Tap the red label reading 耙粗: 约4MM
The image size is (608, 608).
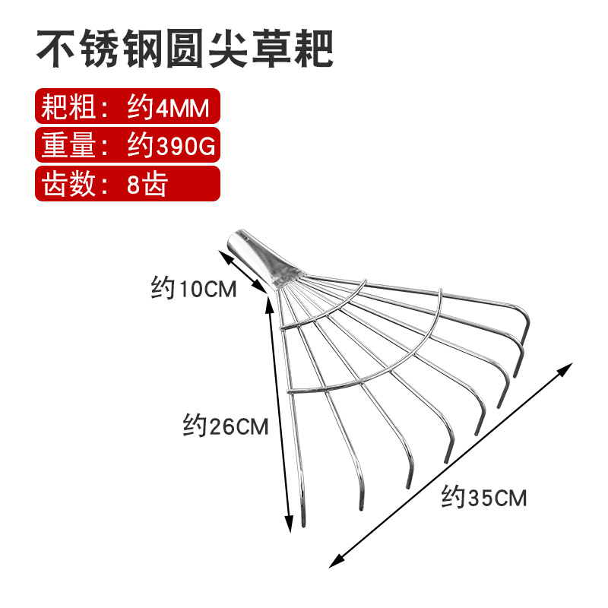click(128, 108)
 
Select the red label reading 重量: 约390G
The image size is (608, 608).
click(128, 146)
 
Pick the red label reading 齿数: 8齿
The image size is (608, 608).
click(128, 184)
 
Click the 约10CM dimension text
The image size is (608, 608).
click(194, 289)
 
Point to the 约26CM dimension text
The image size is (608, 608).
click(226, 426)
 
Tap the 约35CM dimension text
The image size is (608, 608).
click(484, 499)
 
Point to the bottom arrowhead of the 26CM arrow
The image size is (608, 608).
click(290, 526)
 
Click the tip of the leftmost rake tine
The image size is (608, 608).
click(303, 523)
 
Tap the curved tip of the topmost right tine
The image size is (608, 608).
click(524, 325)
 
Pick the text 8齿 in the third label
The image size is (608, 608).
click(146, 184)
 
